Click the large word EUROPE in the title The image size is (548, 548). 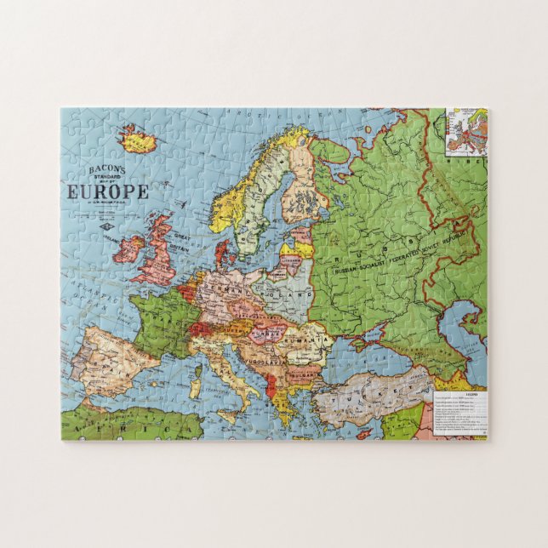point(107,191)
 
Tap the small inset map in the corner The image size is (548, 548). point(466,131)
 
